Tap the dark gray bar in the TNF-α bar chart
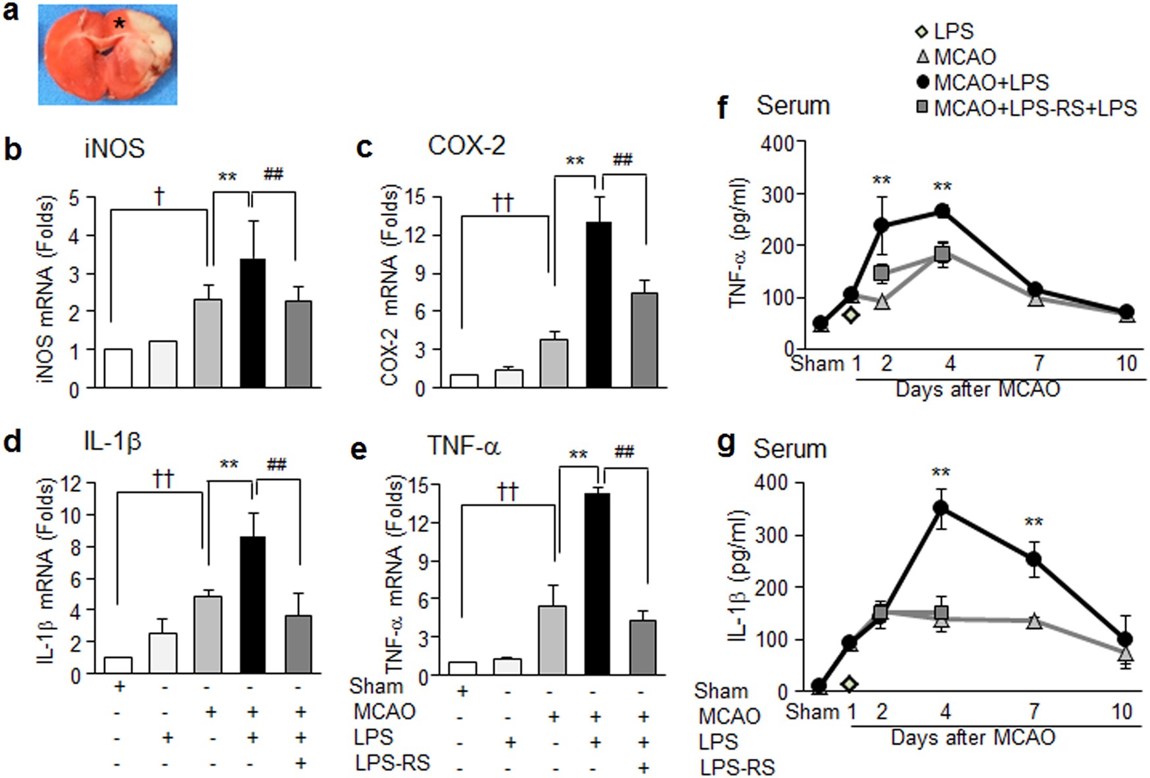[642, 647]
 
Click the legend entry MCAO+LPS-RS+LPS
[1034, 109]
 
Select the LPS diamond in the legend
[922, 31]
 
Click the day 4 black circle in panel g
[942, 508]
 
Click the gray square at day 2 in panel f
[882, 272]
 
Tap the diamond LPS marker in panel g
[850, 684]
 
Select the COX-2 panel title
[466, 145]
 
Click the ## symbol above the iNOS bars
[274, 174]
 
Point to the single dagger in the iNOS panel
[158, 195]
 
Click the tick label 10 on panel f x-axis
[1126, 363]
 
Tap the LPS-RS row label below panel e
[393, 763]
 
